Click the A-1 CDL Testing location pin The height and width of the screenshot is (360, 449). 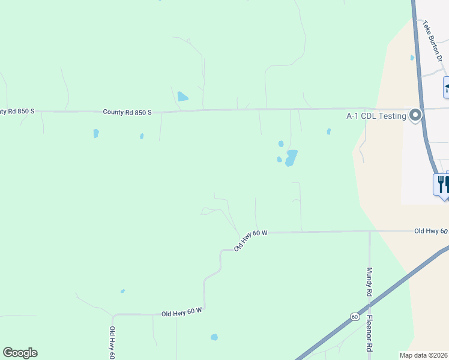pos(415,115)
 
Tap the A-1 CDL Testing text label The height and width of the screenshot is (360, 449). pos(377,116)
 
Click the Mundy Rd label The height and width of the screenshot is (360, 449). pos(369,282)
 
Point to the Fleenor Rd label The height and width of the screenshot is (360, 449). pos(370,334)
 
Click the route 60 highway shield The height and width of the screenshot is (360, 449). pos(355,316)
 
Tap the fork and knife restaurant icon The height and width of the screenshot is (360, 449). pos(441,183)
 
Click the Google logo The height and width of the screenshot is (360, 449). pos(20,353)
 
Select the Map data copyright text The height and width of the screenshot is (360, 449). pos(424,355)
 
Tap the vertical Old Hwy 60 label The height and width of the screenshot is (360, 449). pos(112,343)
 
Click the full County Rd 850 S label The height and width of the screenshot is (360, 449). pos(127,112)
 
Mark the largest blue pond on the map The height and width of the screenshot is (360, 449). pos(291,158)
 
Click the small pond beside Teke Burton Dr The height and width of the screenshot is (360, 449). pos(412,58)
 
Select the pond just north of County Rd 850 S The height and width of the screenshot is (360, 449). pos(182,96)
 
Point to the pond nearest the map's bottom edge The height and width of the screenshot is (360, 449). pos(214,337)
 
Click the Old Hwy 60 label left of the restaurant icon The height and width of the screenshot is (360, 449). pos(430,231)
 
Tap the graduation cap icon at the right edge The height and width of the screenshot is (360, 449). pos(447,89)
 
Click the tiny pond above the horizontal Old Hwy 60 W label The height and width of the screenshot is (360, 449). pos(122,291)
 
